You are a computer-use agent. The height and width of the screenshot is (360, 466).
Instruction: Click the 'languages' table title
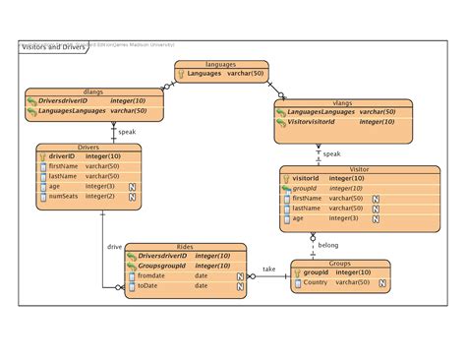tap(221, 64)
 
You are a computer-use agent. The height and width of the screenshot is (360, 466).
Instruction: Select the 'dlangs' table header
tap(93, 90)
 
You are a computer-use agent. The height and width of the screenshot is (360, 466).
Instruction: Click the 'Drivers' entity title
tap(87, 147)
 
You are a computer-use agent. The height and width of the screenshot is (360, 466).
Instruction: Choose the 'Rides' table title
tap(185, 246)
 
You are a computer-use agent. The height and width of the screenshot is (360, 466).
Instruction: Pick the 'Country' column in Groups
tap(316, 282)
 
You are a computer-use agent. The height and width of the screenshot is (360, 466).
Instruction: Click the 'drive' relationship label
tap(115, 247)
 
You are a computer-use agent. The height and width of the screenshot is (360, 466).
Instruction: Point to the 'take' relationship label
tap(269, 269)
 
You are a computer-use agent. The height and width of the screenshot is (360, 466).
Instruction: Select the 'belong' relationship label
tap(327, 245)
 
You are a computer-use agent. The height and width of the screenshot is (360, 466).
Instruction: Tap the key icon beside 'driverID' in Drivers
tap(41, 156)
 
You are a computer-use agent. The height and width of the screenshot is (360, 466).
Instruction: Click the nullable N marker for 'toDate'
tap(240, 286)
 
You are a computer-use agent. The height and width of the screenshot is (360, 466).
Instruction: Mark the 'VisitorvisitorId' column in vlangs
tap(319, 122)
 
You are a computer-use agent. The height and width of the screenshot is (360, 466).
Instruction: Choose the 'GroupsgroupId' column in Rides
tap(163, 266)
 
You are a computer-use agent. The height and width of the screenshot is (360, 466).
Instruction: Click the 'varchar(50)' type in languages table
tap(246, 74)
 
